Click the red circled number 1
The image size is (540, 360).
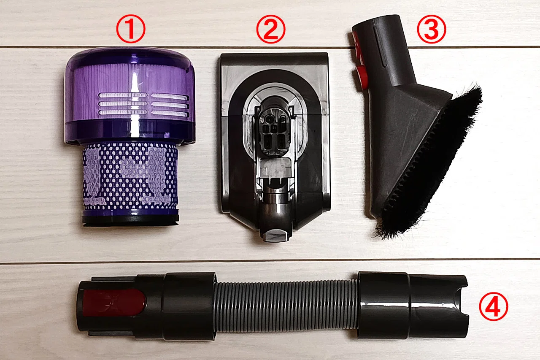tap(131, 29)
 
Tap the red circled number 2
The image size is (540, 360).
tap(270, 29)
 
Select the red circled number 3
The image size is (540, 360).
tap(432, 29)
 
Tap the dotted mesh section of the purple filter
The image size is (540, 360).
tap(130, 176)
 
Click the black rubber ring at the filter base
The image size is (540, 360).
tap(130, 220)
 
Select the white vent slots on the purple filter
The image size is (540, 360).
tap(144, 104)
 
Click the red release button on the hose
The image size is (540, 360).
tap(114, 303)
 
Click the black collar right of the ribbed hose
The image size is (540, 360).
tap(383, 305)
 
